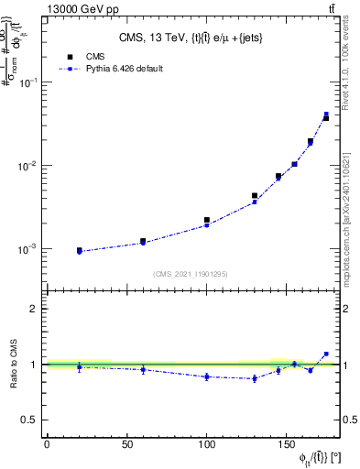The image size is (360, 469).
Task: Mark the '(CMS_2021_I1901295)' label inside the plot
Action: [190, 274]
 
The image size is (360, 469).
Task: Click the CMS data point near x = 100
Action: [207, 220]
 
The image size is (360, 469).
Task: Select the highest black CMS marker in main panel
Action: [326, 118]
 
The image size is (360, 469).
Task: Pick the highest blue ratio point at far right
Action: [326, 354]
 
